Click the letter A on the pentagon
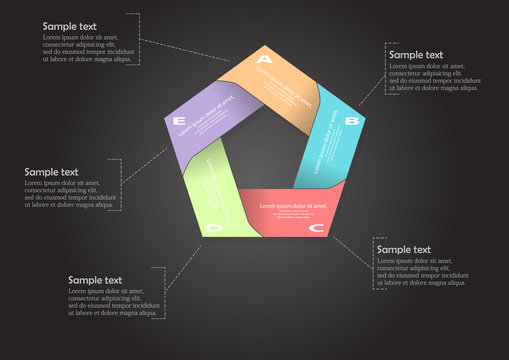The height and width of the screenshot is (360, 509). [x=264, y=59]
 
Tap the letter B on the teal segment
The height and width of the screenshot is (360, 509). [x=351, y=121]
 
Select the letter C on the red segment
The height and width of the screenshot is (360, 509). [x=316, y=229]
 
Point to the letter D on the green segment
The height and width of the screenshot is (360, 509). [x=213, y=229]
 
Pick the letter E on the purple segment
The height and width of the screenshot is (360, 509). [x=180, y=122]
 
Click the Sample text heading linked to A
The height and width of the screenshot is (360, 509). [x=70, y=24]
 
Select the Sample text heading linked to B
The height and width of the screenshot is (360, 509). [x=416, y=55]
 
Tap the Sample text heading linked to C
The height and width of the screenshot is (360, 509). [x=403, y=249]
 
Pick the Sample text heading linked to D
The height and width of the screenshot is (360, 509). [x=95, y=280]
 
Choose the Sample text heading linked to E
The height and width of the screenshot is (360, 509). [x=51, y=171]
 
